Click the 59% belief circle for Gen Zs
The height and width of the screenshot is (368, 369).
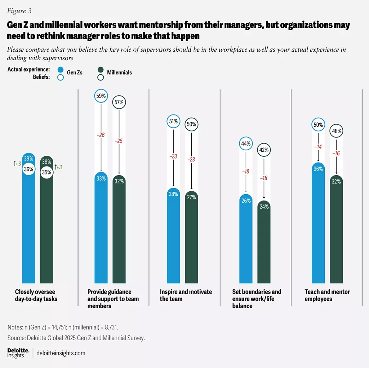(101, 96)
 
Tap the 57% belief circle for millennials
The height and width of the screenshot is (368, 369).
(119, 102)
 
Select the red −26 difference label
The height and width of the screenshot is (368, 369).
(101, 135)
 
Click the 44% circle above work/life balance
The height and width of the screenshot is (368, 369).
(246, 144)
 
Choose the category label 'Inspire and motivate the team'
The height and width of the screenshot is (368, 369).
(186, 295)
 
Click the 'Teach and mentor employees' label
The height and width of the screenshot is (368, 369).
(327, 295)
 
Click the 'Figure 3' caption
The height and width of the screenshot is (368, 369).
(19, 11)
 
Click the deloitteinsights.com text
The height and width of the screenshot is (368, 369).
(61, 353)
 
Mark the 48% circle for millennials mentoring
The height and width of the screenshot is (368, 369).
(336, 131)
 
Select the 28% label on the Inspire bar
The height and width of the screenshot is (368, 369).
(173, 194)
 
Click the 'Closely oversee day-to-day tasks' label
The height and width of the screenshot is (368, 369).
(36, 295)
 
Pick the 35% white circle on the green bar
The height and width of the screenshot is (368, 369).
(46, 172)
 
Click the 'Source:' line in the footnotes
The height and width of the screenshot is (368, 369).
(76, 338)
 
